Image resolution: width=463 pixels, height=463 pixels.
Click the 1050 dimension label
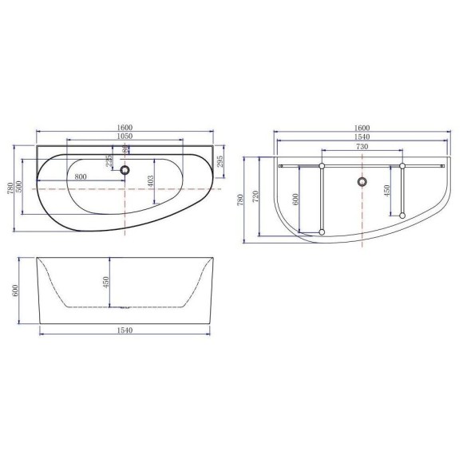tap(125, 137)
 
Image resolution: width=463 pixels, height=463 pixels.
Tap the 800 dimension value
tap(81, 176)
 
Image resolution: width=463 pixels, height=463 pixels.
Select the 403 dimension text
tap(150, 181)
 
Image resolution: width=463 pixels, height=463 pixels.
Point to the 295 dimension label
tap(220, 161)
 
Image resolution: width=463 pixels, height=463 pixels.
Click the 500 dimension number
tap(19, 187)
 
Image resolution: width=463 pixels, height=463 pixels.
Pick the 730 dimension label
tap(362, 146)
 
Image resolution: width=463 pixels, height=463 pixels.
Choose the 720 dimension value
tap(255, 196)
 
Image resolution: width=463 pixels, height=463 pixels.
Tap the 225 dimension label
tap(109, 161)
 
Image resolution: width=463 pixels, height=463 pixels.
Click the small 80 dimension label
tap(126, 149)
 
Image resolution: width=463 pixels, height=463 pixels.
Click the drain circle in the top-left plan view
tap(125, 170)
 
